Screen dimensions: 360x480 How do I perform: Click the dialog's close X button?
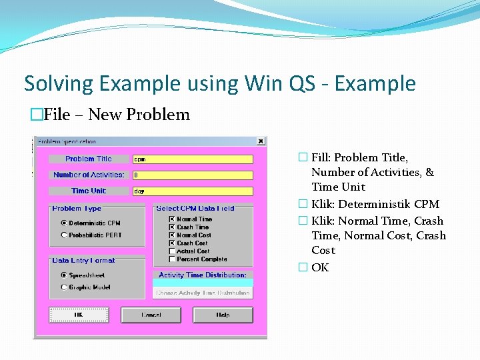(261, 141)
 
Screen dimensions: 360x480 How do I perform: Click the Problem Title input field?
(193, 159)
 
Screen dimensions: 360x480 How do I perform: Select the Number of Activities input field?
(193, 175)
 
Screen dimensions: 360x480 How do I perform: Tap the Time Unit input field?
(193, 191)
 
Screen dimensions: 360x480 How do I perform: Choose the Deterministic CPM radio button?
(64, 223)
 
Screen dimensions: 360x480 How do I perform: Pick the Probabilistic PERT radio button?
(64, 235)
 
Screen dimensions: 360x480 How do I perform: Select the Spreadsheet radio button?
(64, 275)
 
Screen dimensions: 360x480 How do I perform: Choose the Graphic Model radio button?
(64, 287)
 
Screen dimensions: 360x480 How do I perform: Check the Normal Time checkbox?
(172, 219)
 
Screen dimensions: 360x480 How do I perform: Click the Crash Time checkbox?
(172, 227)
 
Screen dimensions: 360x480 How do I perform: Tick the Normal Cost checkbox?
(172, 235)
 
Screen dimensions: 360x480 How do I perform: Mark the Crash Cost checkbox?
(172, 243)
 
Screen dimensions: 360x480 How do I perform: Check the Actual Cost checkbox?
(172, 251)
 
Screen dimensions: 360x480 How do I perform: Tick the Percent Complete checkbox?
(172, 259)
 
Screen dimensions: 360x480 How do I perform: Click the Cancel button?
(151, 315)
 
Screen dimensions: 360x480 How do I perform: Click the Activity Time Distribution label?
(203, 275)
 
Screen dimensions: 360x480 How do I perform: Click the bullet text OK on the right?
(320, 267)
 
